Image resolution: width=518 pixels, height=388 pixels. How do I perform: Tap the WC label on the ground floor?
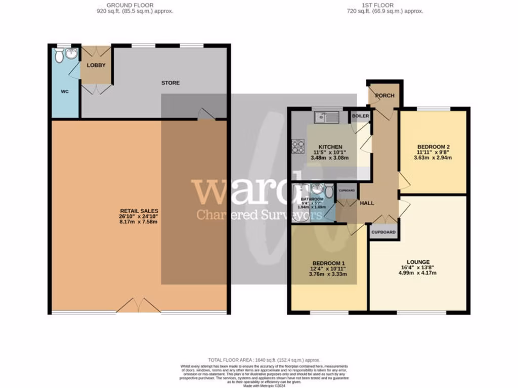[x=65, y=91]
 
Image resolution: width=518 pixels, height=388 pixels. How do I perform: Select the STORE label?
[x=170, y=83]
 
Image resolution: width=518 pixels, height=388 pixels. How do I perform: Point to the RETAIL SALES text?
[x=139, y=211]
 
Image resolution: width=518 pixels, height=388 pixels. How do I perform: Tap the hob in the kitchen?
[x=296, y=146]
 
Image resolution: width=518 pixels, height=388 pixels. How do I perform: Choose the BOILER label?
[x=360, y=116]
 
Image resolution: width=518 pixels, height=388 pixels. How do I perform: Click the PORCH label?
[x=384, y=95]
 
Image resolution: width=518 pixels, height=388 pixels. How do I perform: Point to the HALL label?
[x=367, y=203]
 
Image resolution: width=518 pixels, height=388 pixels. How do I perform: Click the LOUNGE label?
[x=417, y=262]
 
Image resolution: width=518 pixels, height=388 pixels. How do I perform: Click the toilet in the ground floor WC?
[x=59, y=56]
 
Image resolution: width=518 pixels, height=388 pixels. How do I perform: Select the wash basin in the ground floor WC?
[x=71, y=54]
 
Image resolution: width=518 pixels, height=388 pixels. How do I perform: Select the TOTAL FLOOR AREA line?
[x=258, y=358]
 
